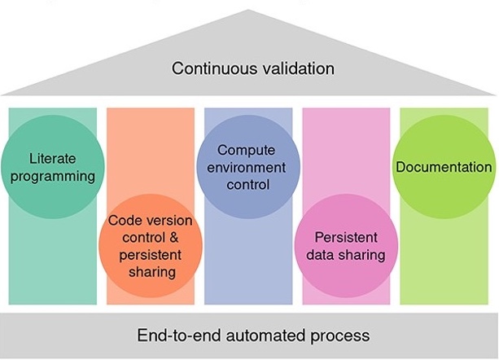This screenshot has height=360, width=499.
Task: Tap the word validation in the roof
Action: (294, 68)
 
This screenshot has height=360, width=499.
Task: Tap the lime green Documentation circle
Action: (444, 167)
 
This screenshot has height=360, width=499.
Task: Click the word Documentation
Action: (444, 167)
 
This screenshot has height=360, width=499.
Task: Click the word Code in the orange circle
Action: (123, 221)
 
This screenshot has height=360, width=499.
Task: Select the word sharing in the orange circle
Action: (152, 271)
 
